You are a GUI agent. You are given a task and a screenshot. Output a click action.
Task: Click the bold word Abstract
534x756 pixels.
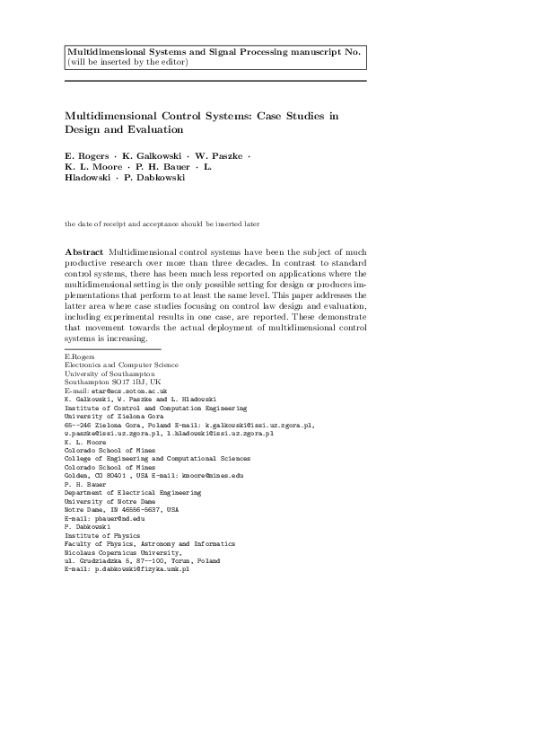pyautogui.click(x=83, y=251)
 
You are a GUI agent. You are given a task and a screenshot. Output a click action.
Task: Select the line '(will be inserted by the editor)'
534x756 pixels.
pyautogui.click(x=127, y=61)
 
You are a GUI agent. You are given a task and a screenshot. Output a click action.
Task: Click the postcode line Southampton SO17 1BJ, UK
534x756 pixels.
pyautogui.click(x=106, y=382)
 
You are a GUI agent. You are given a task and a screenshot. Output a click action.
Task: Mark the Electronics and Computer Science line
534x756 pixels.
pyautogui.click(x=121, y=365)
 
